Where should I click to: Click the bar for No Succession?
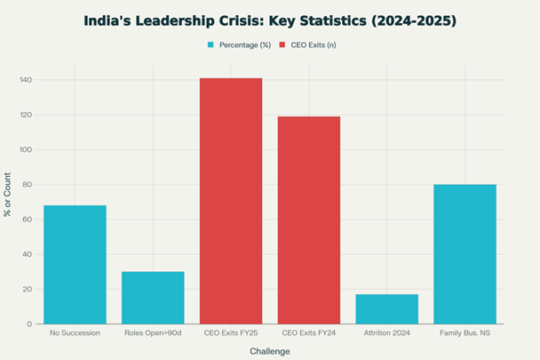pyautogui.click(x=75, y=264)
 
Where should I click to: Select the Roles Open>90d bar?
pyautogui.click(x=153, y=297)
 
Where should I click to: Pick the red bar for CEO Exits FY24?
pyautogui.click(x=309, y=220)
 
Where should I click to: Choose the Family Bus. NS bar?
pyautogui.click(x=465, y=254)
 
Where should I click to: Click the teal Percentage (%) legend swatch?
pyautogui.click(x=211, y=44)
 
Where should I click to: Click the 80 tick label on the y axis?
pyautogui.click(x=27, y=184)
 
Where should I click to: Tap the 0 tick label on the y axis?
pyautogui.click(x=29, y=324)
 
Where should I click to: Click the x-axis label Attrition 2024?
pyautogui.click(x=386, y=332)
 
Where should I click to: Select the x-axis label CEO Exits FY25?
pyautogui.click(x=231, y=332)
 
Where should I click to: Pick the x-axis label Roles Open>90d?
pyautogui.click(x=153, y=332)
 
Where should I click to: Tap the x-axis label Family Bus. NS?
pyautogui.click(x=465, y=332)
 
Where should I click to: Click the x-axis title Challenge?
pyautogui.click(x=270, y=350)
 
